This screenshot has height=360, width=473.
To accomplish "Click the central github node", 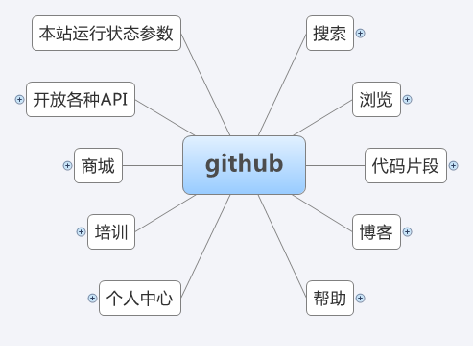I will [244, 164].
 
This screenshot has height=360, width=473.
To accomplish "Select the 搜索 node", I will [329, 33].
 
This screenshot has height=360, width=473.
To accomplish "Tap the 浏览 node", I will [375, 99].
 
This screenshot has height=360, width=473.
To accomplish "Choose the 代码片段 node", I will [405, 165].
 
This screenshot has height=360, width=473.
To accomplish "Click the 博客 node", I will [375, 231].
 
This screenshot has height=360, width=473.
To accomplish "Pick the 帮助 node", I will [329, 298].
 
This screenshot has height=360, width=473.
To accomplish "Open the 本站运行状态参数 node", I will [106, 33].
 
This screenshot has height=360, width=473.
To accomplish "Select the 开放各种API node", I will [80, 99].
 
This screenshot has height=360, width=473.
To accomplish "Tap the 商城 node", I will [98, 165].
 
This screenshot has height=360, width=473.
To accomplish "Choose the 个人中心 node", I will [140, 298].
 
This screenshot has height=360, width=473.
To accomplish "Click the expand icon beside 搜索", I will [361, 33].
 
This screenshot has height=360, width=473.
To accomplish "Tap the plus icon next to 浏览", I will [407, 99].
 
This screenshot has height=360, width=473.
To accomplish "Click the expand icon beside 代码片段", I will [453, 165].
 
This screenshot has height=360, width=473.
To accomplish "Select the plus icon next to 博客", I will [407, 231].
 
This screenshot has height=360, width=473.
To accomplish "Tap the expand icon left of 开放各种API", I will [19, 99].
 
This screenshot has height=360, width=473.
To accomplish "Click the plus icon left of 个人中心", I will [92, 298].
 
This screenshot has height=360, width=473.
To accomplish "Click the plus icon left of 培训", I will [81, 231].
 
